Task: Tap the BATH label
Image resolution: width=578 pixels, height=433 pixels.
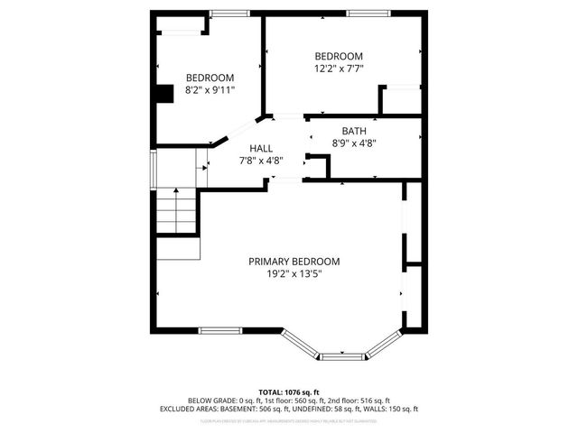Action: point(353,131)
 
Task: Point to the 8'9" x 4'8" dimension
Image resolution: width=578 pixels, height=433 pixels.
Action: point(353,143)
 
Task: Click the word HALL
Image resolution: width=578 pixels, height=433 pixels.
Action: point(261,149)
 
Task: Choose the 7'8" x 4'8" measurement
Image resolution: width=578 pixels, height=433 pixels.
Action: point(261,161)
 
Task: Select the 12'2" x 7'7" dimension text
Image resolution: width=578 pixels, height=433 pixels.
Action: point(339,68)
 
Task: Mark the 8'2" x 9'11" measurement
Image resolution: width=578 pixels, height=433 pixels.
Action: point(210,90)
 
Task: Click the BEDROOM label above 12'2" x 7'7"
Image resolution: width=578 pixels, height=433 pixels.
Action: point(339,55)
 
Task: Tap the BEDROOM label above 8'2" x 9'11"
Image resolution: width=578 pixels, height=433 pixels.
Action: point(210,78)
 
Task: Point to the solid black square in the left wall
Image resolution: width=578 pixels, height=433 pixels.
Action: point(164,94)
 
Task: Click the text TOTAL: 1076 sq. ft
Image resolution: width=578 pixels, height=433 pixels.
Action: point(288,392)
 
